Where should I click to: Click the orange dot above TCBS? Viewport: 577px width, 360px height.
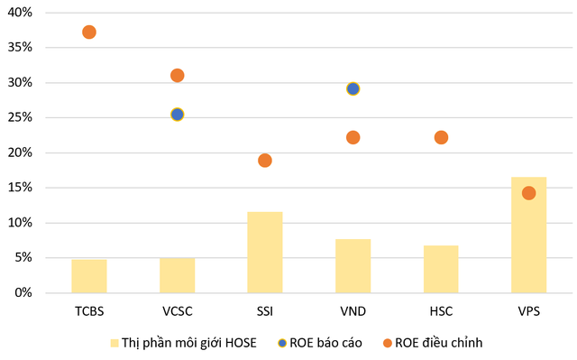coord(89,32)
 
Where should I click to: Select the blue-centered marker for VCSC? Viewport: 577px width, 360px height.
coord(178,115)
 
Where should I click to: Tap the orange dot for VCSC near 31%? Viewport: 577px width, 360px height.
coord(178,76)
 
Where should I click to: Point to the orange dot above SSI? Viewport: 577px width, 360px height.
coord(265,161)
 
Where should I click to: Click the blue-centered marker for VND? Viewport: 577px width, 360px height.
coord(353,88)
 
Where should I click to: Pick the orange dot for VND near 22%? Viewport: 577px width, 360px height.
coord(353,137)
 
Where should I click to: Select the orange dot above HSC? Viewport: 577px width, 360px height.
coord(441,137)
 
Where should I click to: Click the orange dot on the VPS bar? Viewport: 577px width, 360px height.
coord(529,193)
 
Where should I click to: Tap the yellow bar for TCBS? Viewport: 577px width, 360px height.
coord(89,276)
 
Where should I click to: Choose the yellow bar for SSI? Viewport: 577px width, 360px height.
coord(265,252)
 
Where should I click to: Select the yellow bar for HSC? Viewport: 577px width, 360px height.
coord(441,269)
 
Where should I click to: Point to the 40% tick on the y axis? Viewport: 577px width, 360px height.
coord(20,13)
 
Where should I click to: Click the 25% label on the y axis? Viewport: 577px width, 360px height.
coord(20,117)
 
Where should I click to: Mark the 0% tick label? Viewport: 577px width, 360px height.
coord(23,293)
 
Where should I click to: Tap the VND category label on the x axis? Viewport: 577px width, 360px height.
coord(353,311)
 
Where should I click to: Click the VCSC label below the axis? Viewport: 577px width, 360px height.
coord(178,311)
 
